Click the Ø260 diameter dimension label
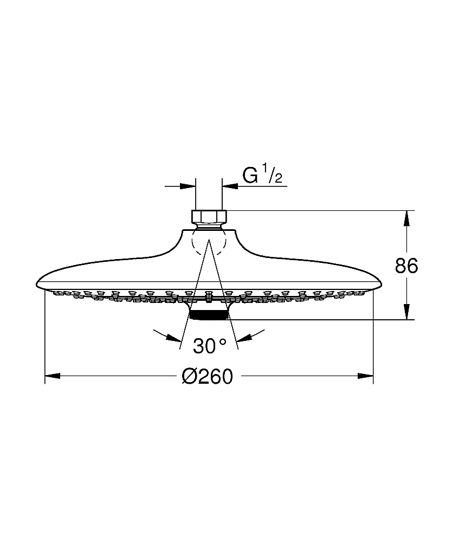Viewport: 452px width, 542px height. tap(208, 376)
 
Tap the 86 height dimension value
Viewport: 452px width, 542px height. tap(406, 266)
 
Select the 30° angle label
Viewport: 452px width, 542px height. tap(210, 346)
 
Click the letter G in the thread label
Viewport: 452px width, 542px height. tap(250, 176)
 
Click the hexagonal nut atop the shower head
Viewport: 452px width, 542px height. tap(209, 216)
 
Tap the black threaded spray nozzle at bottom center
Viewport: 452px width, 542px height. tap(209, 315)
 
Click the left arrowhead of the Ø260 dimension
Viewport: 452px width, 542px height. tap(53, 376)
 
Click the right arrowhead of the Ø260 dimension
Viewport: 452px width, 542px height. tap(366, 376)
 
